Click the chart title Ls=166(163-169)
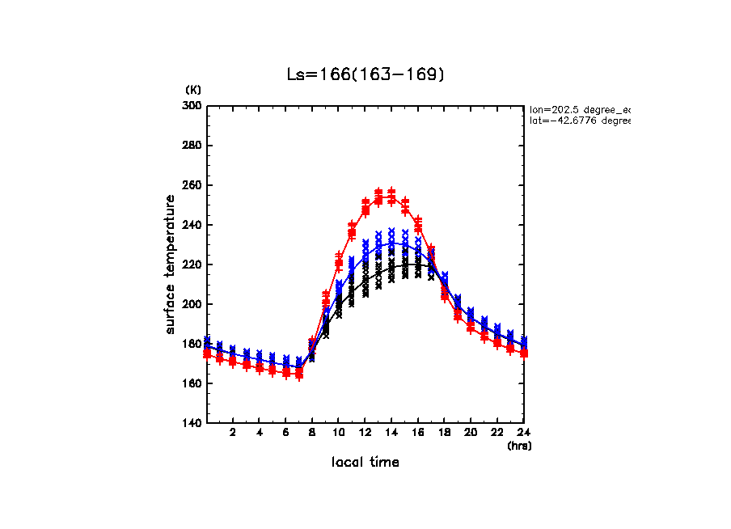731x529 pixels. pos(365,74)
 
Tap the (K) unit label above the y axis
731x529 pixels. pos(193,90)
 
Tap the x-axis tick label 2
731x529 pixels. pos(233,434)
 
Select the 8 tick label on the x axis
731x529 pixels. pos(312,434)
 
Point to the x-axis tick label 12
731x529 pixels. pos(365,434)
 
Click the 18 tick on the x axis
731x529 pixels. pos(444,434)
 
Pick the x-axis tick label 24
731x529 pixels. pos(523,434)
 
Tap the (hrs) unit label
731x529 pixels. pos(519,446)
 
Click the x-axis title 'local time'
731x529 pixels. pos(365,463)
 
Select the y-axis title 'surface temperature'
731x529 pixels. pos(171,264)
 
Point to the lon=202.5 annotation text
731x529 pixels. pos(579,108)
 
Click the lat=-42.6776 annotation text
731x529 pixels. pos(579,121)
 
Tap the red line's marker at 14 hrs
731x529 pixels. pos(391,197)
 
